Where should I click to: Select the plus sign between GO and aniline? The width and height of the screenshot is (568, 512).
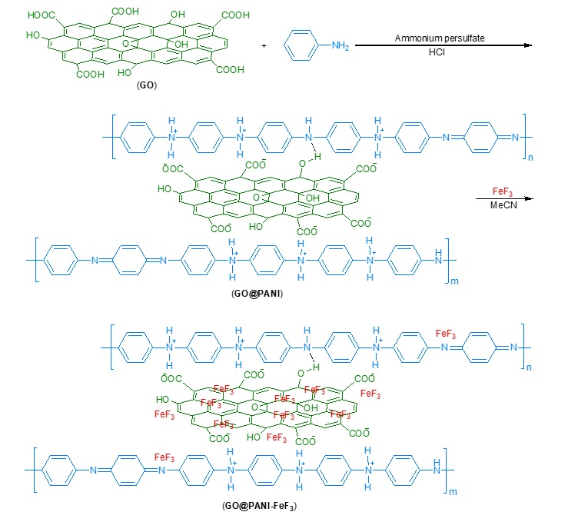click(264, 46)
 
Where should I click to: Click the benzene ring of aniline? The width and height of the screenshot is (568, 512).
click(301, 46)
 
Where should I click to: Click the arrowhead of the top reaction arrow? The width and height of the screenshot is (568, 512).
click(528, 46)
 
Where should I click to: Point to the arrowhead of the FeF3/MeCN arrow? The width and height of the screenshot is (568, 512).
click(528, 198)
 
